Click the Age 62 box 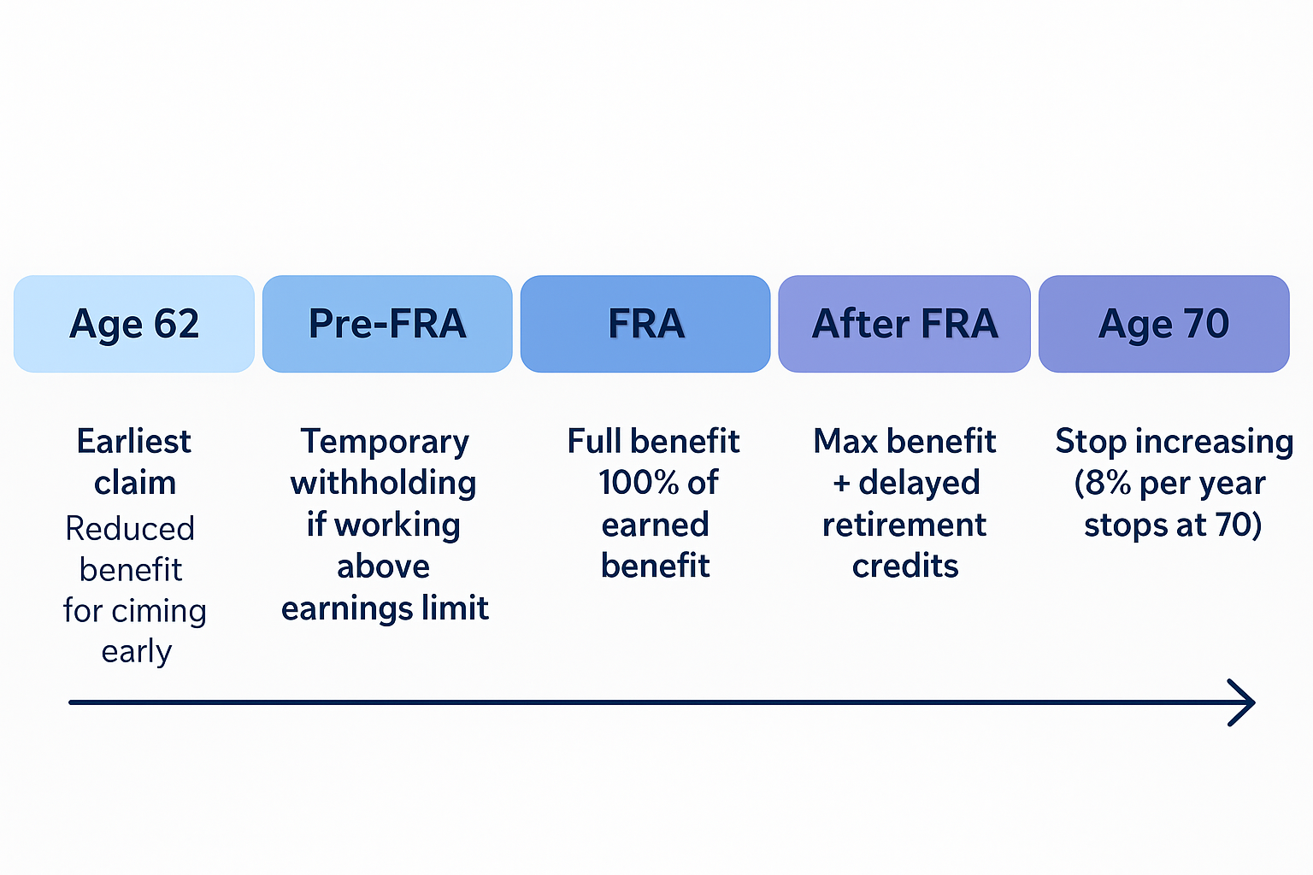coord(134,324)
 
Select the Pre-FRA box coord(387,324)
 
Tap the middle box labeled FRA coord(645,324)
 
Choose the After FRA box coord(904,324)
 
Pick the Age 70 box coord(1163,324)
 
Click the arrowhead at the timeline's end coord(1244,702)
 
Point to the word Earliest coord(134,442)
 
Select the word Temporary coord(385,442)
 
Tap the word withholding coord(383,483)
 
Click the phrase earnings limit coord(385,608)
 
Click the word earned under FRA coord(655,525)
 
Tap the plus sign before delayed coord(841,484)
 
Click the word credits coord(905,566)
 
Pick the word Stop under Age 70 coord(1091,442)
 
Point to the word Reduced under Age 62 coord(130,529)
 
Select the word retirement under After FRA coord(904,525)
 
